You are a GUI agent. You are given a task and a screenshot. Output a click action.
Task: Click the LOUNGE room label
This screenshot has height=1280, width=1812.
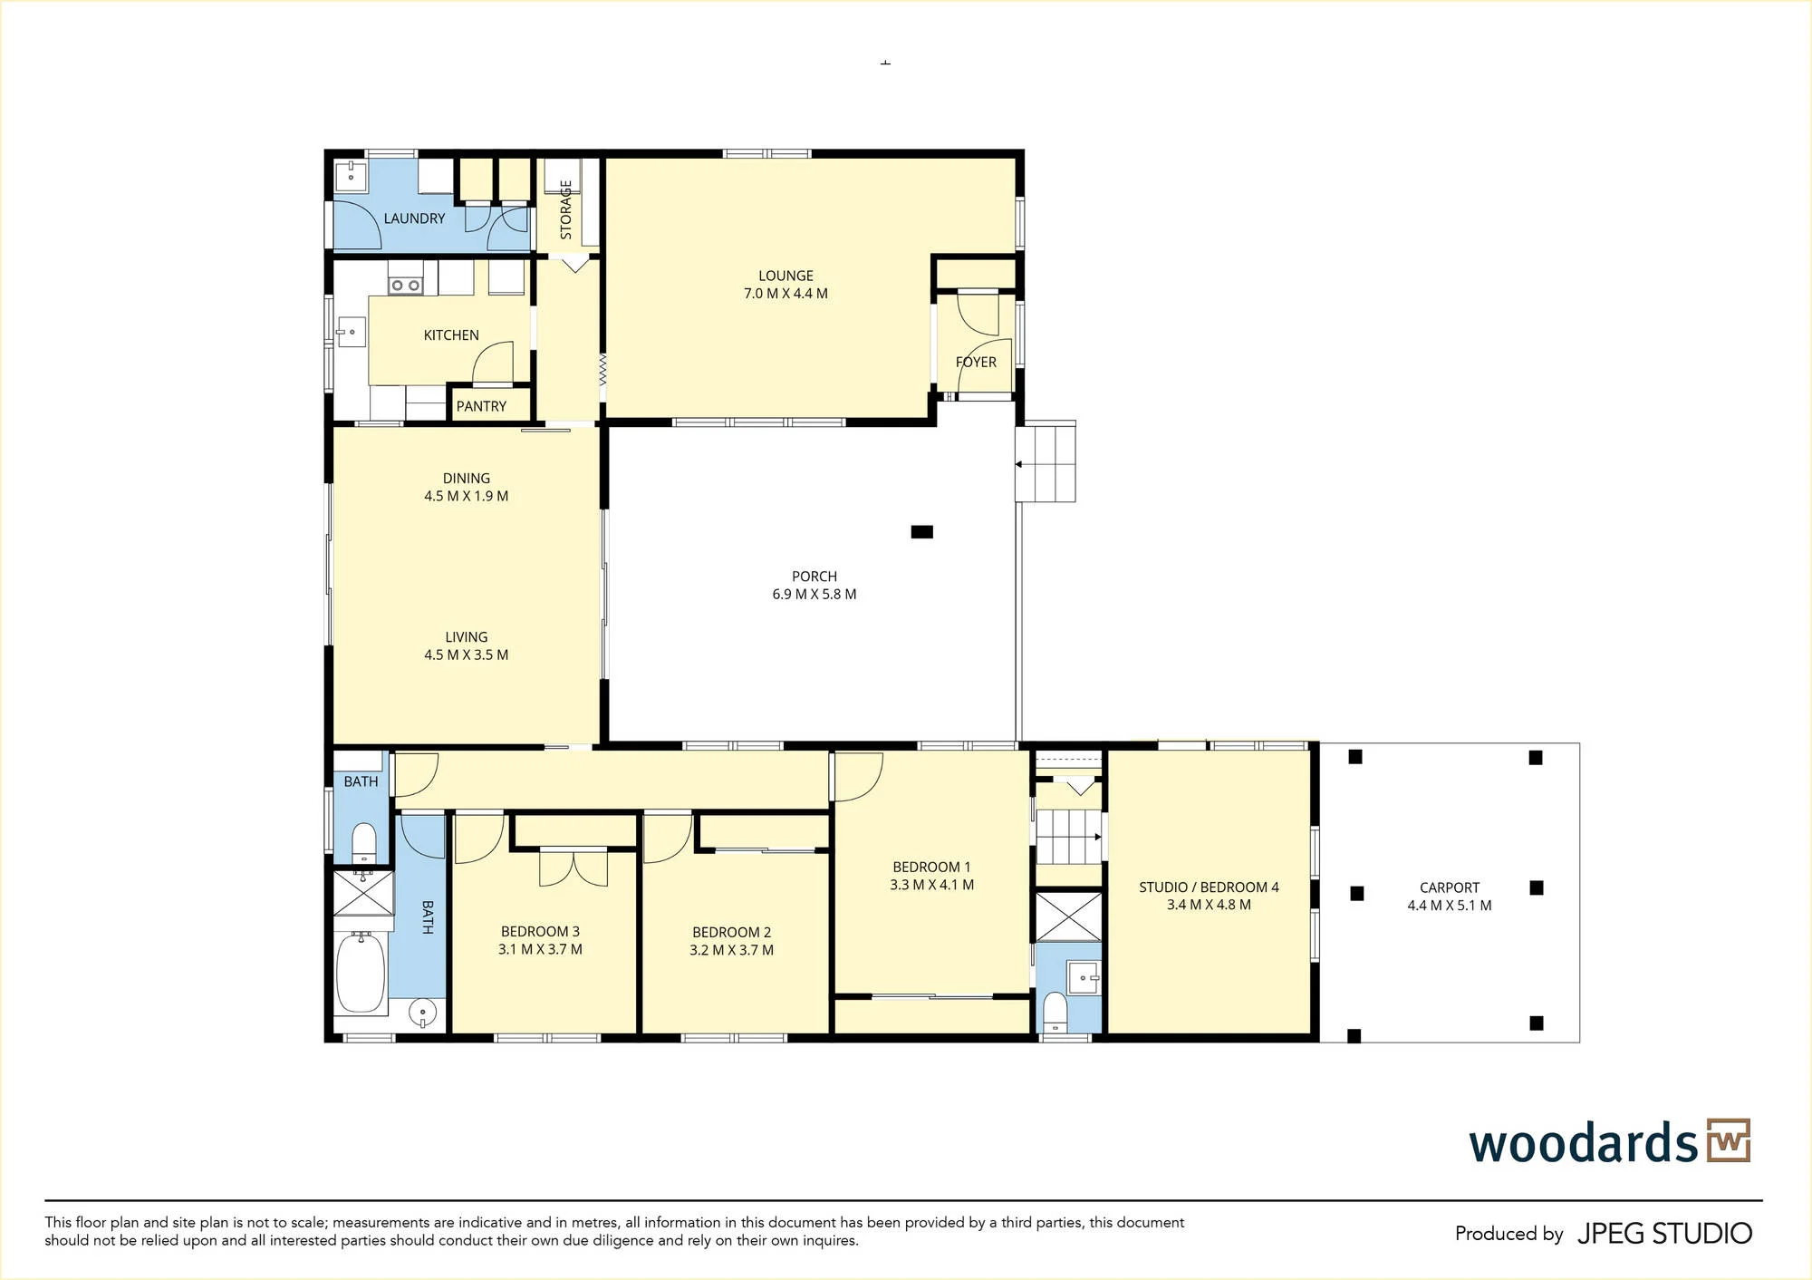click(786, 276)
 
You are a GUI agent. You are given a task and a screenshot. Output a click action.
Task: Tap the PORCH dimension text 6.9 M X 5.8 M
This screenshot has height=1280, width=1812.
click(814, 595)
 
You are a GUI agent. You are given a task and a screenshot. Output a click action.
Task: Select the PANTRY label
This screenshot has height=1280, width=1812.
click(481, 406)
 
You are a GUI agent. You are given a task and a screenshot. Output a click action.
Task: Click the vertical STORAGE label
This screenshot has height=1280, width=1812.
click(566, 209)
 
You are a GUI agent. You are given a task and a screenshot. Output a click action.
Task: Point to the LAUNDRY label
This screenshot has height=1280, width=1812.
click(414, 218)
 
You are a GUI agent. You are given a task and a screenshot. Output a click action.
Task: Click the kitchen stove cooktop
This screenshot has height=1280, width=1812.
click(405, 286)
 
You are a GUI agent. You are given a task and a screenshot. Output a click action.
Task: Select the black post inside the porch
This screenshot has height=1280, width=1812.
click(921, 532)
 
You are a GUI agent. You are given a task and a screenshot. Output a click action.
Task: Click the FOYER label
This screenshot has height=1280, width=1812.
click(976, 362)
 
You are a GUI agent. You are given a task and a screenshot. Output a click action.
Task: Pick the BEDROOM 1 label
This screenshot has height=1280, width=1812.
click(931, 868)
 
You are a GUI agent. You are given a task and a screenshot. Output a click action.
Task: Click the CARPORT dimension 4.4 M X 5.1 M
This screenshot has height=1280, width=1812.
click(1449, 906)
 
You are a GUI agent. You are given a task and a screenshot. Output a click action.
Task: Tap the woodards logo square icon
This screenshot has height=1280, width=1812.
click(1729, 1140)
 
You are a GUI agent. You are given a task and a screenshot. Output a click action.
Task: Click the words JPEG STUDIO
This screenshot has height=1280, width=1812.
click(1664, 1234)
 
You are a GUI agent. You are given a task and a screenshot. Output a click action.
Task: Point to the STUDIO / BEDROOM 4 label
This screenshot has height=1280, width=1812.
click(1209, 887)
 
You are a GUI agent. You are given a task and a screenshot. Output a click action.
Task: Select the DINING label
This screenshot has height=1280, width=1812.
click(467, 479)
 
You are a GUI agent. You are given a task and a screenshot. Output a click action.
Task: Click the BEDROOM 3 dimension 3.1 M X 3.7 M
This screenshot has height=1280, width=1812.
click(540, 950)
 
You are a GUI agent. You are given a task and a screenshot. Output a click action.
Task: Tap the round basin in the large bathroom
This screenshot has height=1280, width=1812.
click(422, 1012)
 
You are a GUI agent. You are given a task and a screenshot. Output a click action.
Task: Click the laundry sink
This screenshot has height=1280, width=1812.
click(351, 177)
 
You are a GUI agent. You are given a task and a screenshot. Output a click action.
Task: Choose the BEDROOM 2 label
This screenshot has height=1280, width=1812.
click(731, 932)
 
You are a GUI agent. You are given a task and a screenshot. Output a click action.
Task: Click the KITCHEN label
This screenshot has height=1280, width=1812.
click(451, 335)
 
